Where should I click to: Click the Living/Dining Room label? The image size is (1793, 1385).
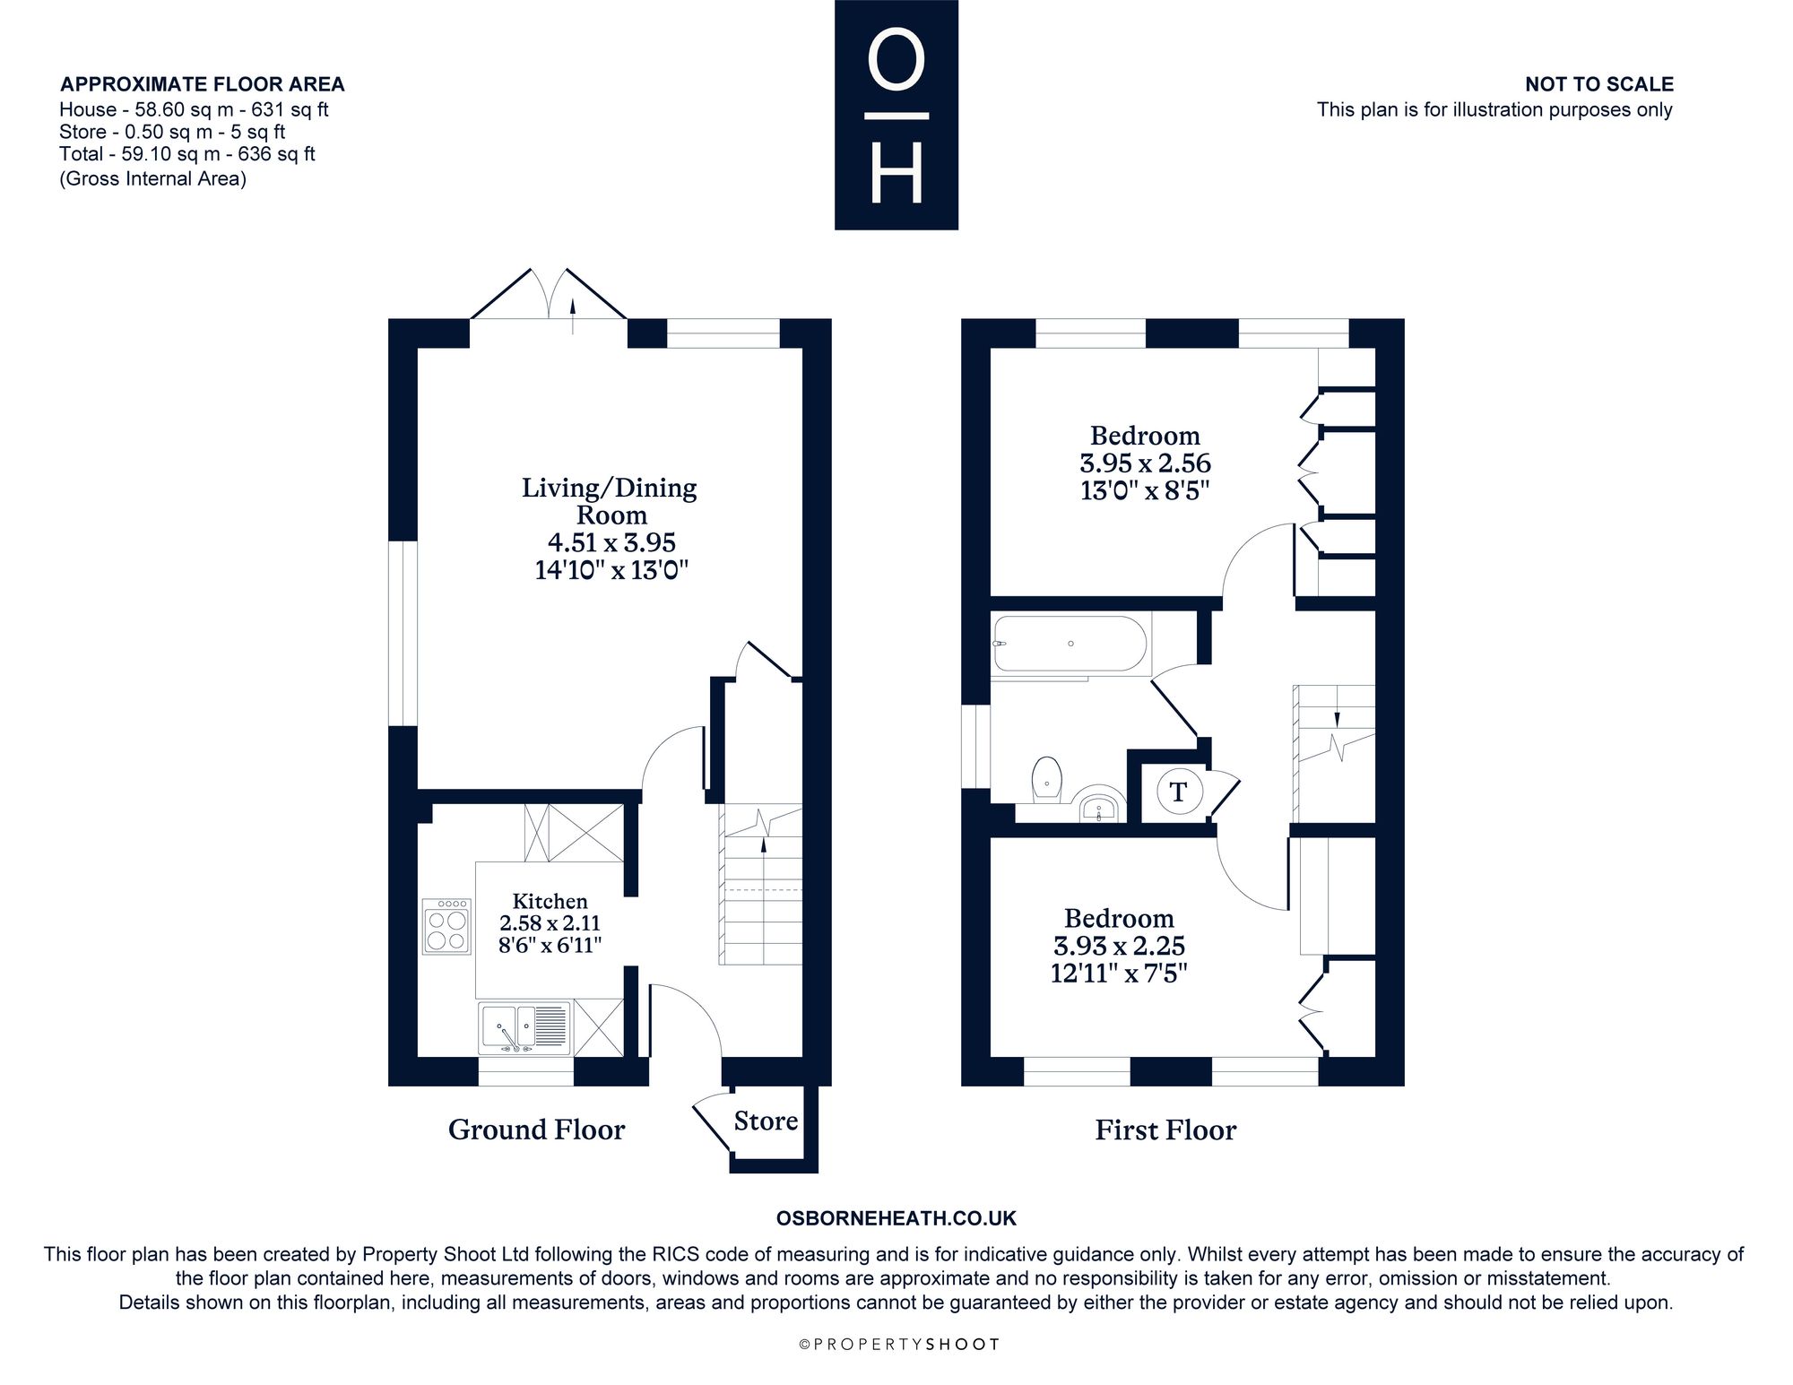610,501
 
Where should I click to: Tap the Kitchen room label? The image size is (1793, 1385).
550,902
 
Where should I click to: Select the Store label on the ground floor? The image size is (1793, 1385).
766,1121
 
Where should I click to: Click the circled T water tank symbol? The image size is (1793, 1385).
1178,792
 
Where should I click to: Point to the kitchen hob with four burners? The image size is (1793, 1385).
446,926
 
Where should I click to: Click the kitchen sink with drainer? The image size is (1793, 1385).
524,1026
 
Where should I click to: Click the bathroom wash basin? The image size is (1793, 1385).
1099,805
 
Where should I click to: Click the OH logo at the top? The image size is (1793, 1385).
896,115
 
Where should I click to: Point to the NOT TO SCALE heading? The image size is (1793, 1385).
1599,84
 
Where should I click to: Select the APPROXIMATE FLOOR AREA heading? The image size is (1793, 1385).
203,84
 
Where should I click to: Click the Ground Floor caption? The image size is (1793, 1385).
536,1130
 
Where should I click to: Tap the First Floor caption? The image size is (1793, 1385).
1165,1130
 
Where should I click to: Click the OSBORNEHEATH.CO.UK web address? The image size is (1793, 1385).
896,1218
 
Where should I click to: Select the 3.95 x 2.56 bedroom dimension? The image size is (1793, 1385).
1145,463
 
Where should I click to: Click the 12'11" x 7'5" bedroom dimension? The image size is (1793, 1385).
1119,973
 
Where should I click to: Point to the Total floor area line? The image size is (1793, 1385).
187,153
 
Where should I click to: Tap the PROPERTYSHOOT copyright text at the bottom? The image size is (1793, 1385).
898,1345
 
